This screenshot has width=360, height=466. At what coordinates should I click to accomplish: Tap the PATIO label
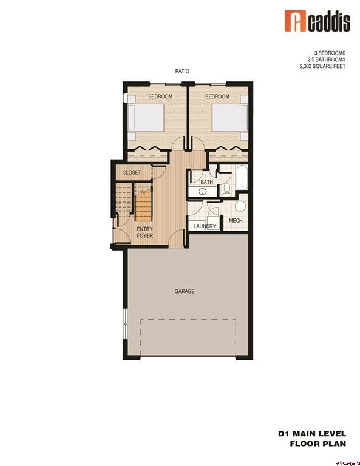coord(182,72)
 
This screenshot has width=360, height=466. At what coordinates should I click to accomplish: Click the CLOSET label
coord(132,173)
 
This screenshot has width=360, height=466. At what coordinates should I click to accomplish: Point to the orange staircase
coord(143,206)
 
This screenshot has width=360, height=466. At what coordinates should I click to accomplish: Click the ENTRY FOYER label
coord(144,232)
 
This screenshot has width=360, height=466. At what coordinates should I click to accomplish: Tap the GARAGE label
coord(185,291)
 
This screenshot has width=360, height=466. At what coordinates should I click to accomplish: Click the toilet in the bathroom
coord(226,191)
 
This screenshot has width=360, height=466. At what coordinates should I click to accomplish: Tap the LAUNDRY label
coord(205,226)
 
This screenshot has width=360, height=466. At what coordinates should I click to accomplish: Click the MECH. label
coord(236,221)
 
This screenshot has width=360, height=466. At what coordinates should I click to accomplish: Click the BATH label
coord(207,182)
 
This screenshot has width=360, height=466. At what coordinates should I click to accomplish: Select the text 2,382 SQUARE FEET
coord(324,67)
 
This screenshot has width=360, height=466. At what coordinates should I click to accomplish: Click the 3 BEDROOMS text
coord(330,52)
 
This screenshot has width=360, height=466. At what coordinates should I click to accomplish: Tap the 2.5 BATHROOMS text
coord(327,59)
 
